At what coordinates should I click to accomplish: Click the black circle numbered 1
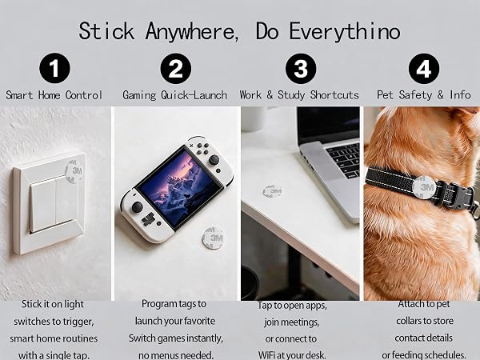(x=54, y=68)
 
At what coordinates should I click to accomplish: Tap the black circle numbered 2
(x=176, y=68)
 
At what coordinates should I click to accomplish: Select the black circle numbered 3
(x=301, y=68)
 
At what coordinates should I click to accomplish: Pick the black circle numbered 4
(x=424, y=68)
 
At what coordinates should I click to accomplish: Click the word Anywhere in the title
(x=192, y=32)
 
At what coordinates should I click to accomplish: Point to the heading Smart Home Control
(x=54, y=95)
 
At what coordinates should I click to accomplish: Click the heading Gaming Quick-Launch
(x=174, y=95)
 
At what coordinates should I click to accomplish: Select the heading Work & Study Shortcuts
(x=299, y=95)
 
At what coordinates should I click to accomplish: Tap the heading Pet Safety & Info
(x=424, y=95)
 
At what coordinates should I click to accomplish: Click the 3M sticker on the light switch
(x=74, y=171)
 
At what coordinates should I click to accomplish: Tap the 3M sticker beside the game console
(x=214, y=238)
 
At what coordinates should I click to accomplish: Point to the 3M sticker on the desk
(x=272, y=191)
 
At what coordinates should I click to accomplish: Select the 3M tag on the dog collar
(x=424, y=187)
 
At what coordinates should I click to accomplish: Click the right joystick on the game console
(x=214, y=159)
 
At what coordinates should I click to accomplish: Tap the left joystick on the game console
(x=137, y=207)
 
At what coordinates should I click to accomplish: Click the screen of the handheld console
(x=178, y=187)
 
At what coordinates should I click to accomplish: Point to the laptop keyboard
(x=344, y=159)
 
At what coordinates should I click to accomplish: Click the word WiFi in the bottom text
(x=267, y=355)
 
